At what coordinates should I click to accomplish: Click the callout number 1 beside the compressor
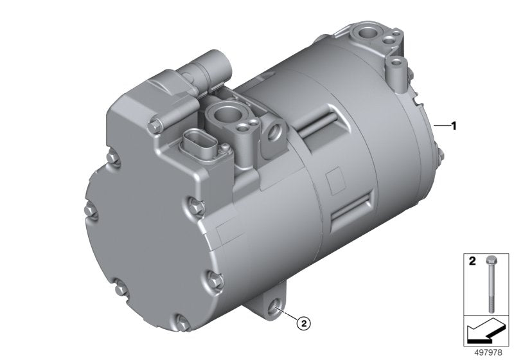click(x=454, y=126)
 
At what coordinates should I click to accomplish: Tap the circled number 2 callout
click(x=303, y=323)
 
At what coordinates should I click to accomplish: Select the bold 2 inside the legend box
click(x=472, y=261)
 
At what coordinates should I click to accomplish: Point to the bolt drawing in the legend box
click(x=490, y=284)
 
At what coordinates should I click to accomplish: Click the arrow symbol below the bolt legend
click(x=485, y=332)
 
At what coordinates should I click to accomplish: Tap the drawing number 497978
click(x=488, y=352)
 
